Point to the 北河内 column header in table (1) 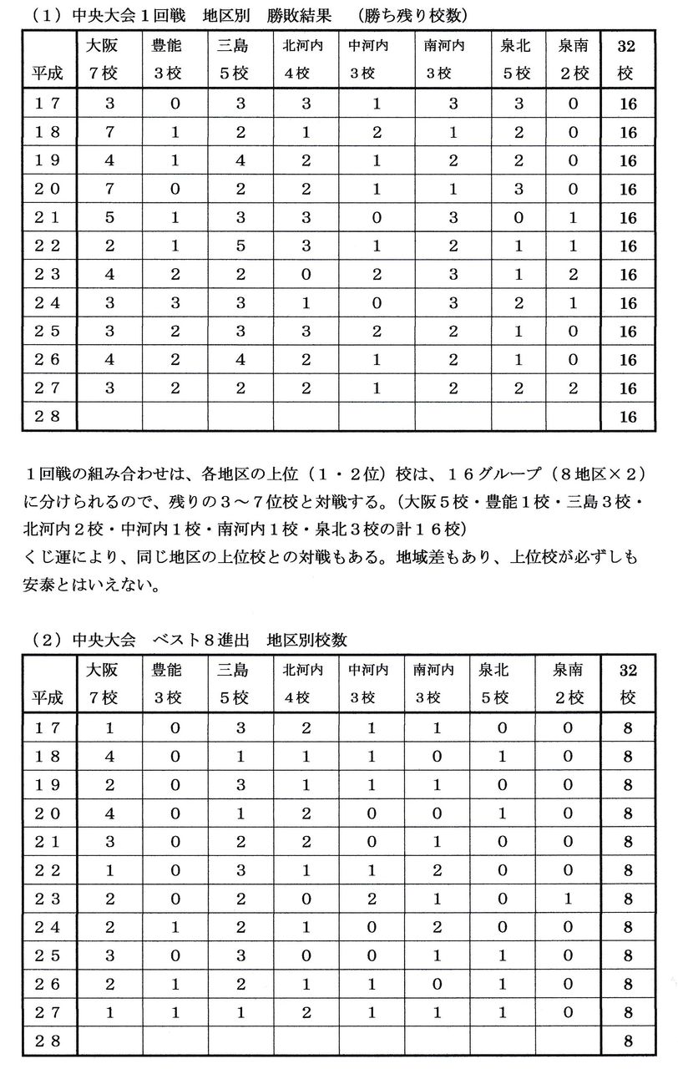(301, 58)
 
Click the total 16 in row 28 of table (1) (628, 417)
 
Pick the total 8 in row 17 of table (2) (627, 727)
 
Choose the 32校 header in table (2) (626, 683)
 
